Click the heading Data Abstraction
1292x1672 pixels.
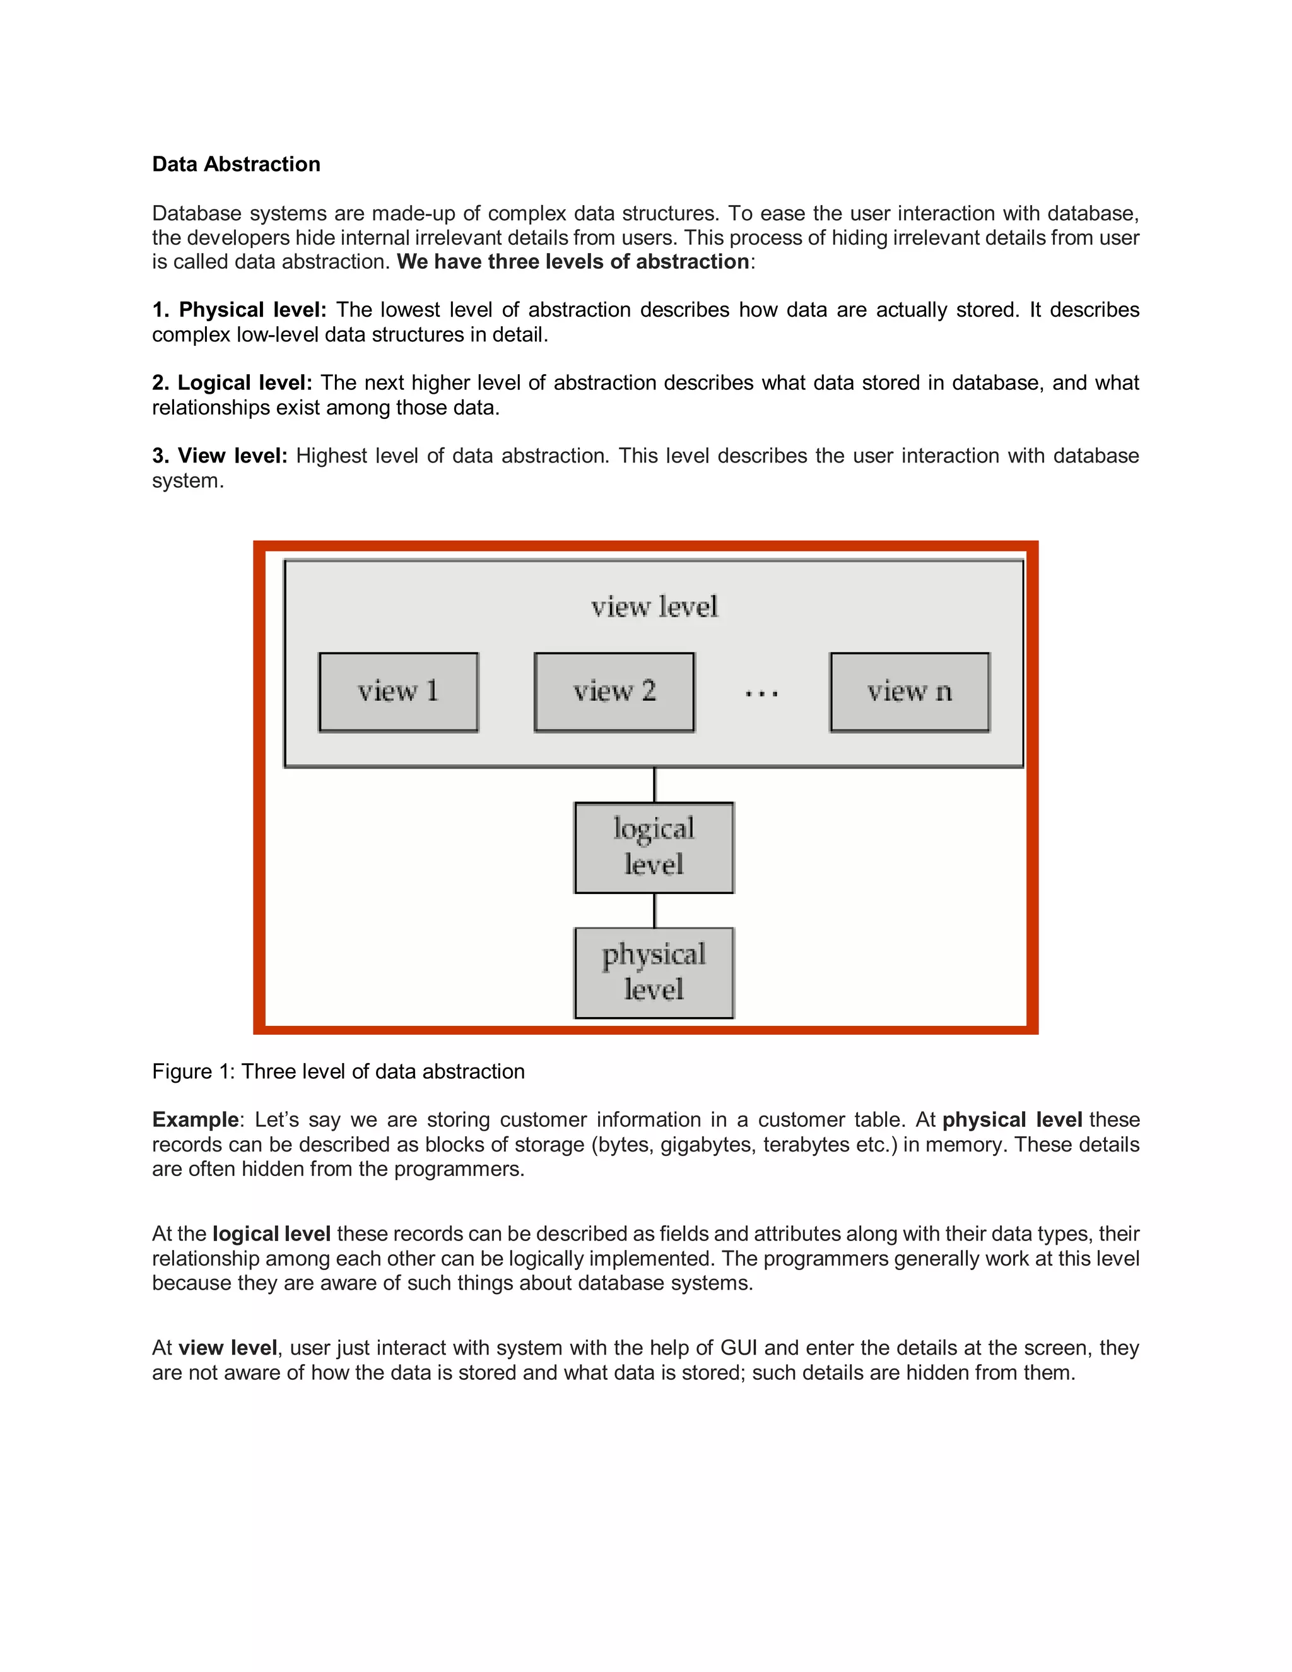(x=236, y=165)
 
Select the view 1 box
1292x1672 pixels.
(x=398, y=692)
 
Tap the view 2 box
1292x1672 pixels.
(x=614, y=692)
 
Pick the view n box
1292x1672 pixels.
(x=909, y=692)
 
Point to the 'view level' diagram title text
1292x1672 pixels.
(x=654, y=607)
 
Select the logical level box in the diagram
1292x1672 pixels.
(x=654, y=847)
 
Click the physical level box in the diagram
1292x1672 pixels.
(x=654, y=972)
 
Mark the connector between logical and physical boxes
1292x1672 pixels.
(x=654, y=910)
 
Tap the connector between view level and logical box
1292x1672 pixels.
(x=654, y=785)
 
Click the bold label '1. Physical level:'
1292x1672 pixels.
(x=239, y=310)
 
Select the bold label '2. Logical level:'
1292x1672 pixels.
(x=232, y=383)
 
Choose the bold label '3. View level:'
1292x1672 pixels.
(x=220, y=456)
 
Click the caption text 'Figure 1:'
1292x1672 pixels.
(x=194, y=1072)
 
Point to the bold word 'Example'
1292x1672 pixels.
(x=195, y=1120)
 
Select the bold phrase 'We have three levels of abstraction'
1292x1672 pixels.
(x=573, y=262)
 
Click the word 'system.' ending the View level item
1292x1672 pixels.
(x=187, y=481)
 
